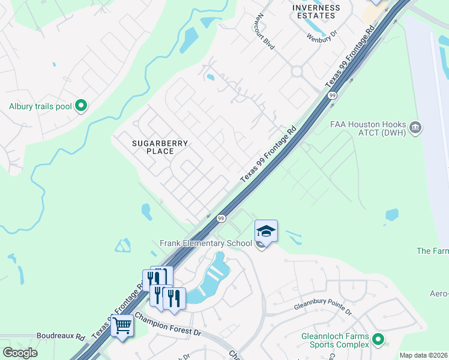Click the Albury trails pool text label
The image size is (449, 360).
point(40,107)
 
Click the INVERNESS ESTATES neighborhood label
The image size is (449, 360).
point(316,12)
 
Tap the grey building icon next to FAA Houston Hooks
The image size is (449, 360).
point(415,128)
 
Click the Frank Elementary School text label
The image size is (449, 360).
point(205,243)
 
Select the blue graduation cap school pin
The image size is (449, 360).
point(266,230)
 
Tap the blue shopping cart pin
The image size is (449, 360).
point(122,326)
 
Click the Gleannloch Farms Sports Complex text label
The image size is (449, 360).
point(335,340)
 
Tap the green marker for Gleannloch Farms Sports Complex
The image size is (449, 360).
point(378,340)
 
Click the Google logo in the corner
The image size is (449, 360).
point(20,353)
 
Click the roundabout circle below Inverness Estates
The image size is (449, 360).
point(297,72)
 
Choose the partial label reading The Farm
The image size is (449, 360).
point(432,251)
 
